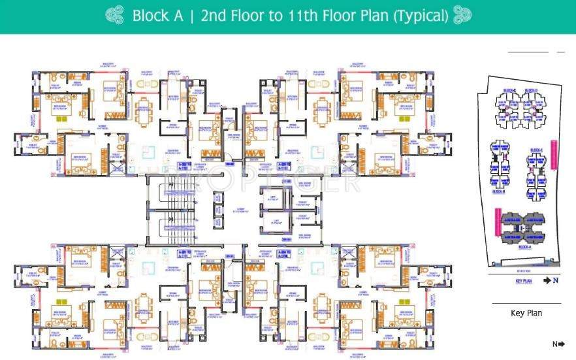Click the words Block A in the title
click(x=157, y=16)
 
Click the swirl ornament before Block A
click(x=116, y=16)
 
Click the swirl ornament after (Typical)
click(x=462, y=16)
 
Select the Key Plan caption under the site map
click(x=526, y=313)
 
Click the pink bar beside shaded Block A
click(x=498, y=221)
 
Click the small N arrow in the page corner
click(x=558, y=344)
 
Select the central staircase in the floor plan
click(x=171, y=210)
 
